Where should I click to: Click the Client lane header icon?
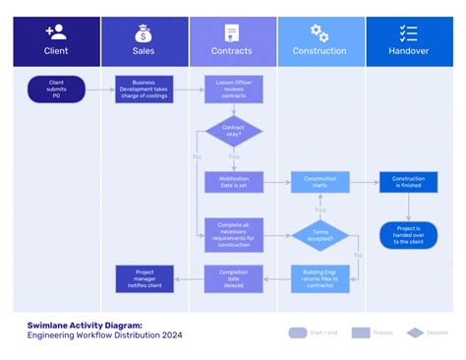56,32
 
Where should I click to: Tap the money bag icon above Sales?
144,32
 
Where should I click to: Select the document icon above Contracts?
232,32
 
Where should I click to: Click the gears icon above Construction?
320,32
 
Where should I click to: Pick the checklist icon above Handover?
409,32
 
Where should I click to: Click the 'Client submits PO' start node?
56,90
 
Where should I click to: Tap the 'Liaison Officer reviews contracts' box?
233,90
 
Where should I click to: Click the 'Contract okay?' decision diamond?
233,133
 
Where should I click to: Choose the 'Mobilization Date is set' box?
233,181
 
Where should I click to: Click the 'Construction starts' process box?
320,181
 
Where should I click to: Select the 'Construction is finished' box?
408,181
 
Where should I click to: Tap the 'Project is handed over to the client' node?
408,235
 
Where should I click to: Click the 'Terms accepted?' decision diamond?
320,235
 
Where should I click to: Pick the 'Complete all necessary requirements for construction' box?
233,235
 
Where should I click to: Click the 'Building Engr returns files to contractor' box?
320,278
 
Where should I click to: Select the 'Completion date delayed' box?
233,278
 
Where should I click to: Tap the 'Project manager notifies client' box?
144,278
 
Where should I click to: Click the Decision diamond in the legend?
415,332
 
